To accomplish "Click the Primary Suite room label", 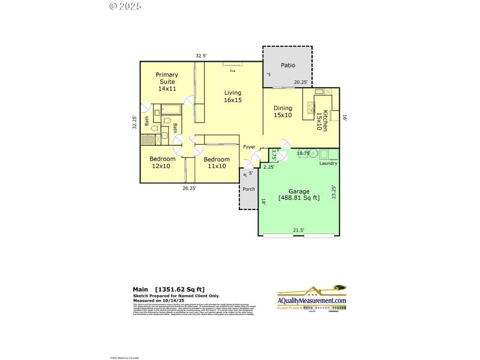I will pyautogui.click(x=167, y=82).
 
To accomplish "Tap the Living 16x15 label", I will pyautogui.click(x=233, y=97).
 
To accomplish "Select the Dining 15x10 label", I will pyautogui.click(x=283, y=112).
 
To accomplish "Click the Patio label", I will pyautogui.click(x=288, y=65).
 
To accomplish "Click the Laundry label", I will pyautogui.click(x=328, y=163).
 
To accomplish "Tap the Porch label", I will pyautogui.click(x=248, y=189).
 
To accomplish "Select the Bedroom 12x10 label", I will pyautogui.click(x=163, y=162).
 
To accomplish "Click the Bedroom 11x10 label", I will pyautogui.click(x=216, y=163).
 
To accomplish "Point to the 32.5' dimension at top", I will pyautogui.click(x=201, y=56).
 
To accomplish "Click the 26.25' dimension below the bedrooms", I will pyautogui.click(x=190, y=188).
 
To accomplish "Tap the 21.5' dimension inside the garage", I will pyautogui.click(x=298, y=230).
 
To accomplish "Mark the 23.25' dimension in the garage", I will pyautogui.click(x=334, y=192).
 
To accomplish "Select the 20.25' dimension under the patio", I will pyautogui.click(x=301, y=82).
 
